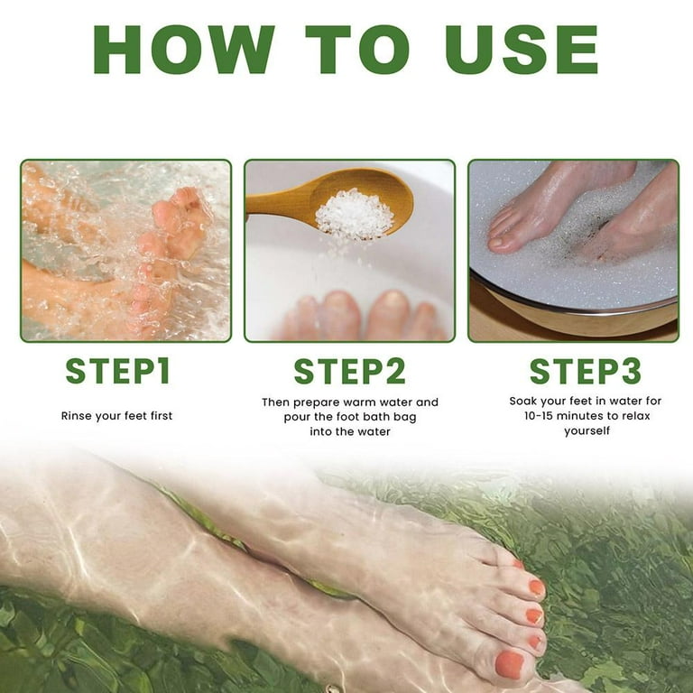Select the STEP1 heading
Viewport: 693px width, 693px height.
pos(117,371)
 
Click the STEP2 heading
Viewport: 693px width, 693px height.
pos(349,371)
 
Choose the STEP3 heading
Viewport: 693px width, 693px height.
pos(585,371)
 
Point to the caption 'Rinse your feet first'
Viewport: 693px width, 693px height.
pos(116,416)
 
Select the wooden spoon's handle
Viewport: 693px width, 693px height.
pos(271,204)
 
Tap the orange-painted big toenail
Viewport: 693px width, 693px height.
pos(510,664)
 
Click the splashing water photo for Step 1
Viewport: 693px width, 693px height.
pos(125,250)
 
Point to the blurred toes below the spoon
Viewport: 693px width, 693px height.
pos(361,316)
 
